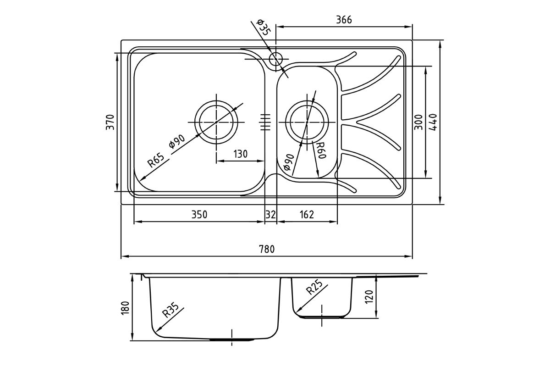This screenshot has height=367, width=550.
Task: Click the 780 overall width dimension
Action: [x=266, y=250]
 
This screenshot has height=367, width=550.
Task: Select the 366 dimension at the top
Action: [x=344, y=20]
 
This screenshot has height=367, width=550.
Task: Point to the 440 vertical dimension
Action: [x=434, y=122]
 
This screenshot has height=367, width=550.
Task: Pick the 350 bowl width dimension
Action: [x=199, y=215]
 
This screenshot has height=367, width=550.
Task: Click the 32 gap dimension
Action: [x=271, y=215]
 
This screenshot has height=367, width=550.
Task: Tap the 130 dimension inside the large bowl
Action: [x=240, y=154]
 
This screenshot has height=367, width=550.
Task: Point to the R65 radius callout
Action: [x=155, y=161]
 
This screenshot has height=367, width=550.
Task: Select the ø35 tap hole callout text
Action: [x=263, y=28]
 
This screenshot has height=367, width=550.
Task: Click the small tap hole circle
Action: [x=276, y=59]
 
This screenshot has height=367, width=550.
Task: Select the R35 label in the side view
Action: [x=169, y=313]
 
